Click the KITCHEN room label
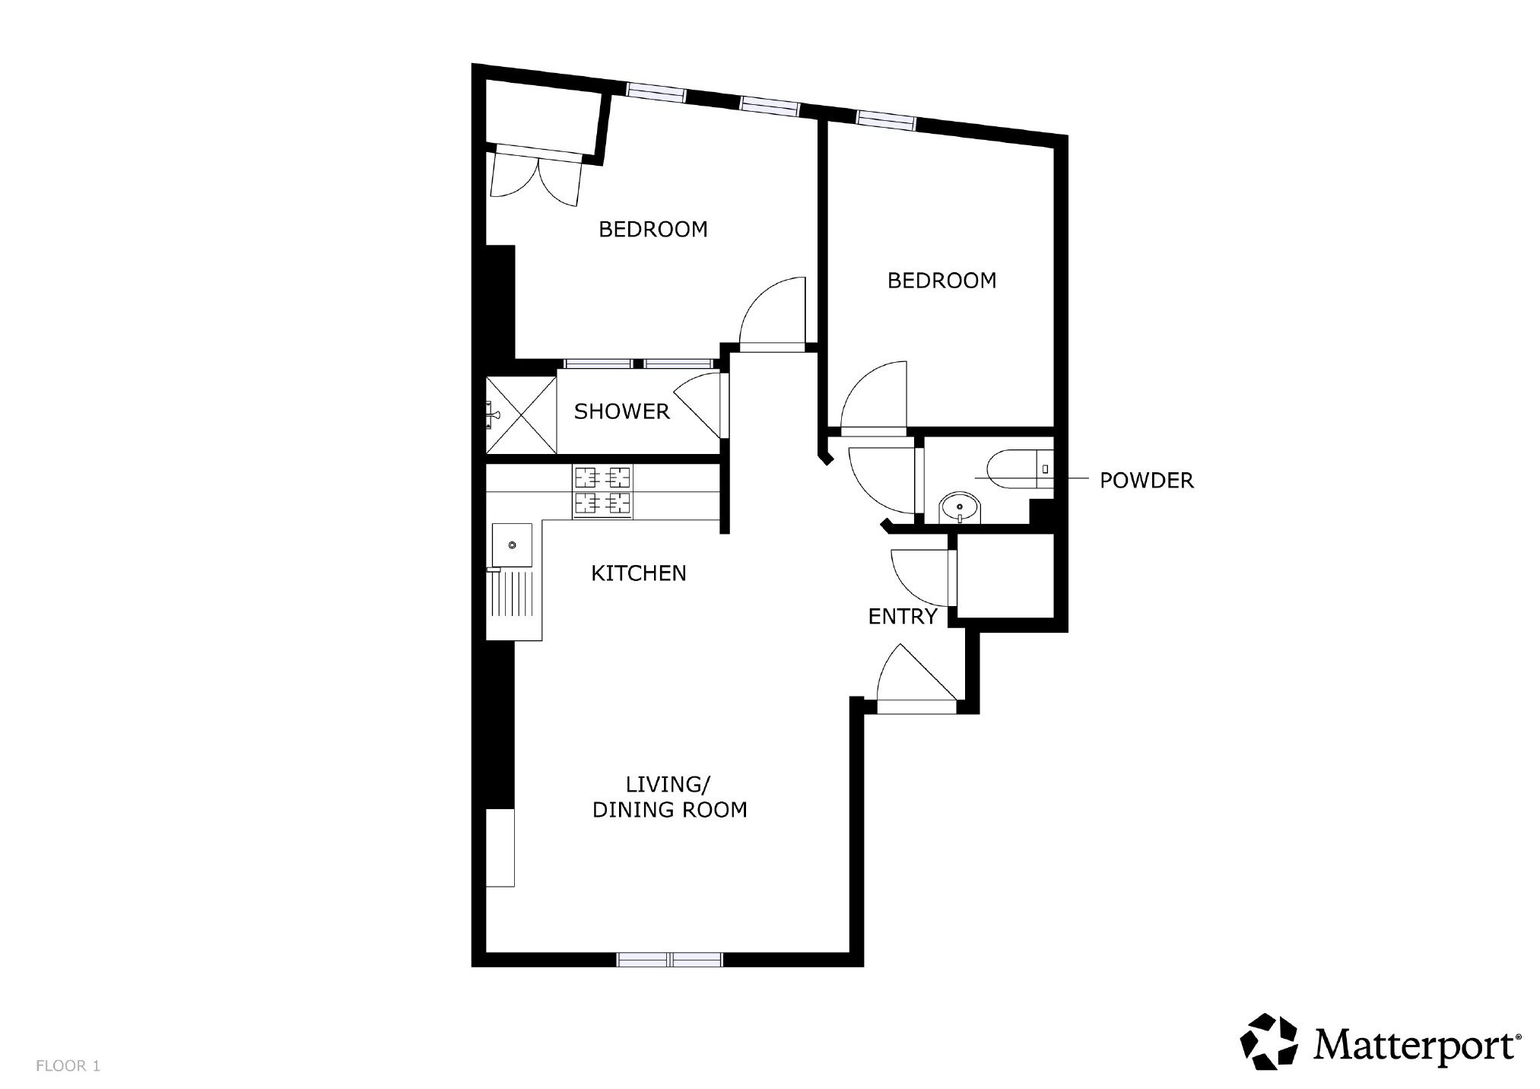click(639, 573)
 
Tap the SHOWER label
click(621, 411)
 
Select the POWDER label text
click(1147, 481)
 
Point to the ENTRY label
click(902, 617)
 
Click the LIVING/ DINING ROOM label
click(669, 797)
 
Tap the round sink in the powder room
click(961, 507)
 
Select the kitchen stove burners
click(603, 492)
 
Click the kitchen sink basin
click(513, 545)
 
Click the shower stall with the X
click(521, 414)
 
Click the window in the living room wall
click(670, 959)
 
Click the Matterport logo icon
click(1269, 1041)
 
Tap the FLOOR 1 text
click(68, 1066)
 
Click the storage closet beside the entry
click(1005, 575)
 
